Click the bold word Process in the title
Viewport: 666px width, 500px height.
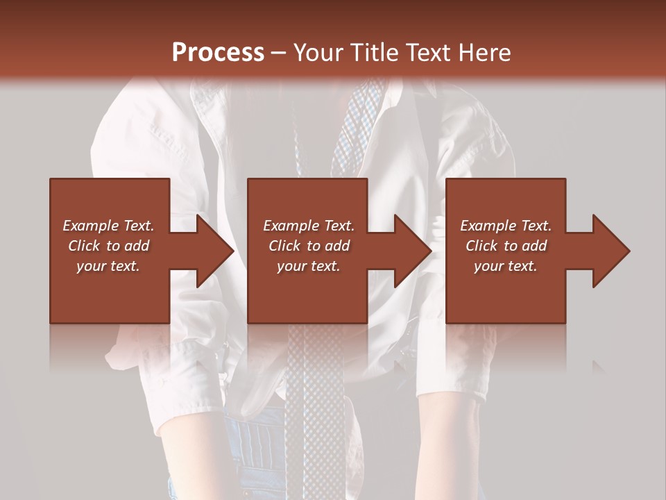(218, 53)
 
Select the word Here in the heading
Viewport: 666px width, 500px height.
(484, 53)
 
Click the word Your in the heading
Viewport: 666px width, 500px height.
(317, 53)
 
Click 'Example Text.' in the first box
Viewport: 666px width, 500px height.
(108, 226)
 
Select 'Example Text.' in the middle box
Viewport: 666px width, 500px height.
(309, 226)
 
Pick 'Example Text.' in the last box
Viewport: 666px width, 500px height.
(506, 226)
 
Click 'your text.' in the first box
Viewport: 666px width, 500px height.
(108, 266)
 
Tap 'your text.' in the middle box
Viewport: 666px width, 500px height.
(309, 266)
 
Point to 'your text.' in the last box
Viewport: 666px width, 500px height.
(506, 266)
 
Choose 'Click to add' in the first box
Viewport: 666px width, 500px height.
(108, 246)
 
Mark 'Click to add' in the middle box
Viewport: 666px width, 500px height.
(309, 246)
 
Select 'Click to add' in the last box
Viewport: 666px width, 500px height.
(506, 246)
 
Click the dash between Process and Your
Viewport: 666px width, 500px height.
(279, 53)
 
